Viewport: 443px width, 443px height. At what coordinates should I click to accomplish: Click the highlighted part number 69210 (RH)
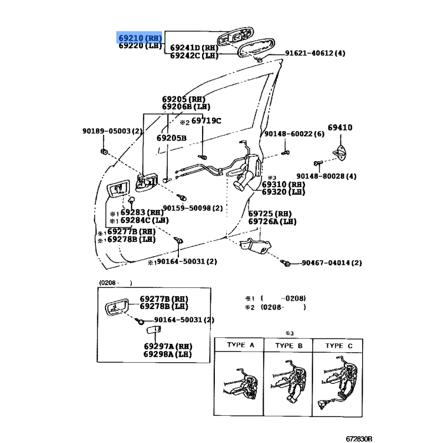point(140,37)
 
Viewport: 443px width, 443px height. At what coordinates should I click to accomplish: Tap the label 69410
point(339,128)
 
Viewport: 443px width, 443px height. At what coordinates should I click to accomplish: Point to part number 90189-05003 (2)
point(112,131)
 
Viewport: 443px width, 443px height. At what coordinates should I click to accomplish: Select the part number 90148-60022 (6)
point(294,134)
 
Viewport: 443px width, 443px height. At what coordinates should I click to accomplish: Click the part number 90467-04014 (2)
point(331,263)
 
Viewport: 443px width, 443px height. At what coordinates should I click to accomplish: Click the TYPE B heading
point(289,345)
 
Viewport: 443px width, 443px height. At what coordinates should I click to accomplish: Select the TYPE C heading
point(338,345)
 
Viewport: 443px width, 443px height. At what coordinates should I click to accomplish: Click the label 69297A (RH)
point(166,347)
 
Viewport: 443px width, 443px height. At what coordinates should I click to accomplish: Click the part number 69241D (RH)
point(194,48)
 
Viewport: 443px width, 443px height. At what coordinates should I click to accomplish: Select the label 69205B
point(171,138)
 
